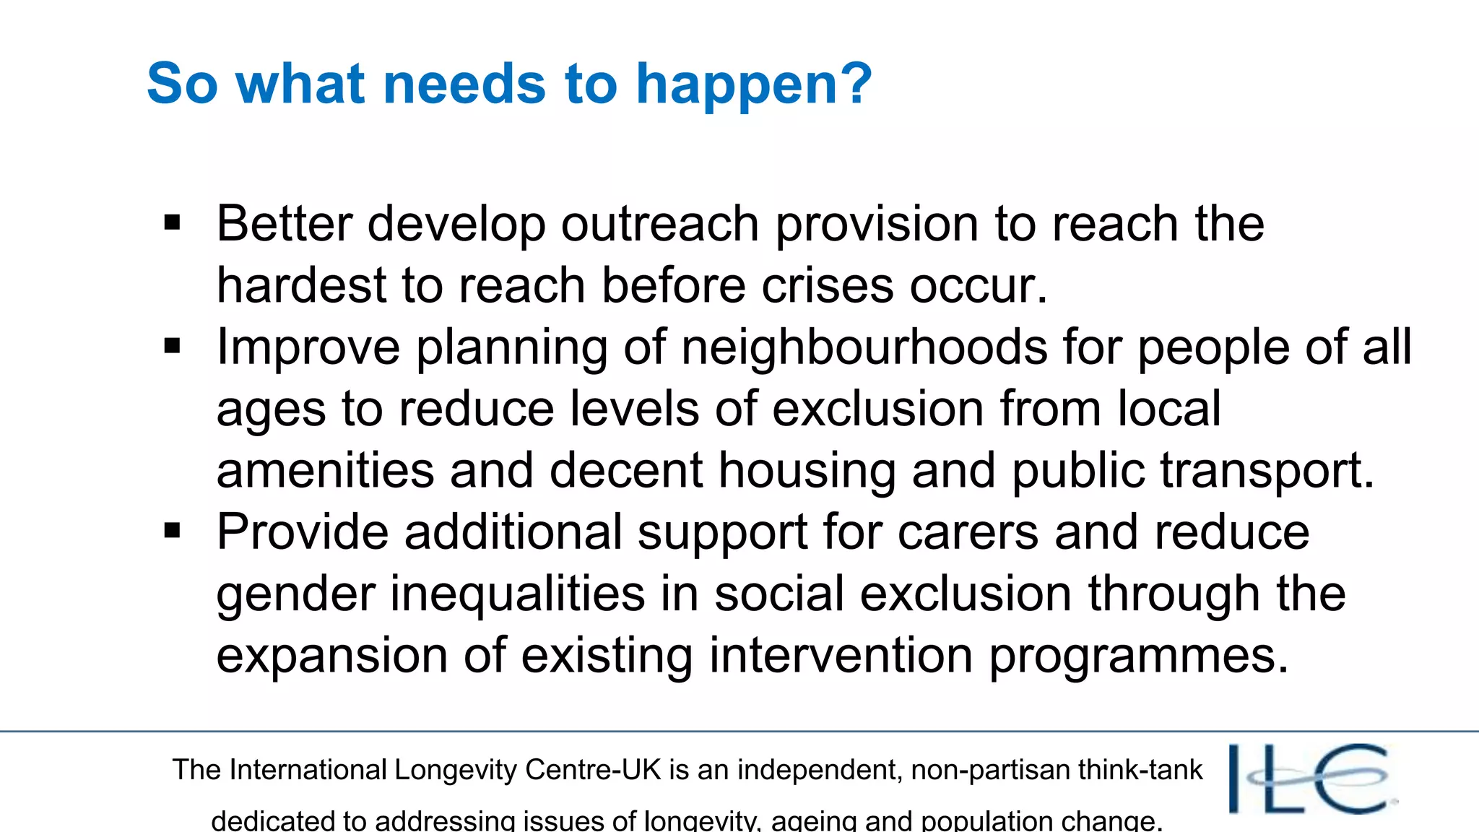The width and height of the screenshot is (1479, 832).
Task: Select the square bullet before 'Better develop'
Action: (x=173, y=223)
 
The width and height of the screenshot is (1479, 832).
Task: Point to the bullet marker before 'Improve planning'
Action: (x=173, y=347)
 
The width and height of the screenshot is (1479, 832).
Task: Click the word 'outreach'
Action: (x=659, y=224)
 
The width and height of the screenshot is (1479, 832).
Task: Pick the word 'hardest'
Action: (x=301, y=285)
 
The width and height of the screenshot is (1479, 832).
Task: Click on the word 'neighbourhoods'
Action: (x=864, y=347)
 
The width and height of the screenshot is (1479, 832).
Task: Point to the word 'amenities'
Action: (x=325, y=471)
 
